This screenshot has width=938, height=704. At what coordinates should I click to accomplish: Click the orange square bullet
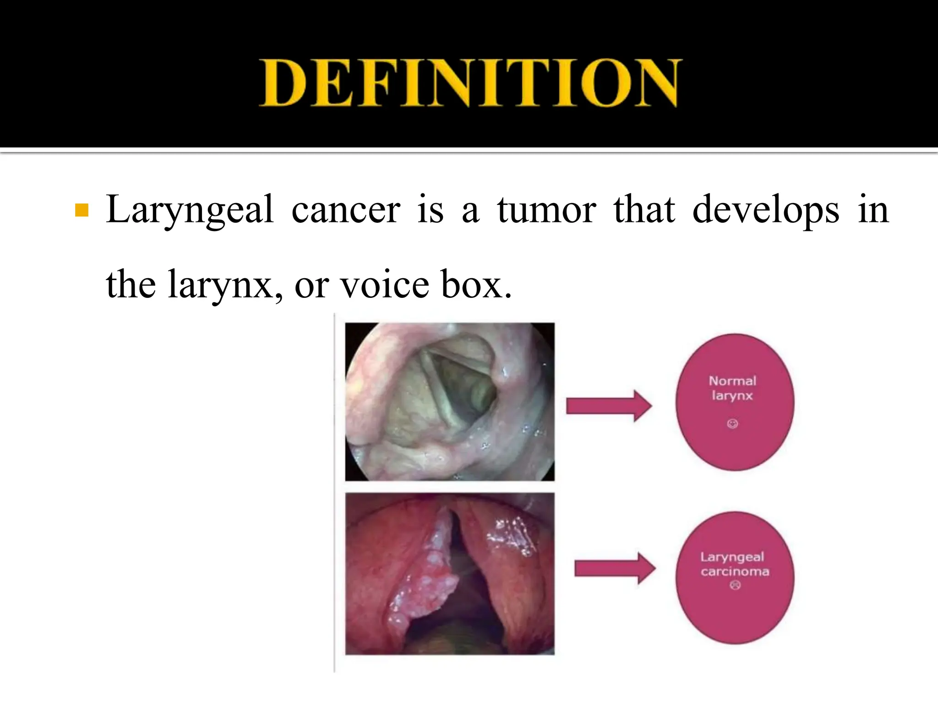tap(82, 210)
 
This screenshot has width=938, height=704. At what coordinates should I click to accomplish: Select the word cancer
tap(346, 211)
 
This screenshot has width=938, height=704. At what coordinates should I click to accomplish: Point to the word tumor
tap(547, 211)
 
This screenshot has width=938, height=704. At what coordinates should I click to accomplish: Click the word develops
tap(766, 211)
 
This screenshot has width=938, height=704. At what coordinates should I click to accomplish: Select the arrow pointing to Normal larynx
tap(609, 406)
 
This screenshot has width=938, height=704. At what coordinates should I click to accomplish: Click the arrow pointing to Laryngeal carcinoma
tap(615, 568)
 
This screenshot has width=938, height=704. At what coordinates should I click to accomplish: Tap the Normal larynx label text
tap(732, 388)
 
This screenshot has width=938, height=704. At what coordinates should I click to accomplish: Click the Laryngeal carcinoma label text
tap(734, 564)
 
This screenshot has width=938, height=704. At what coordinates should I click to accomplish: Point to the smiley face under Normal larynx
tap(732, 423)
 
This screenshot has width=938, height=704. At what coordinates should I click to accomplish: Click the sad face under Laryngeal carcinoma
tap(735, 585)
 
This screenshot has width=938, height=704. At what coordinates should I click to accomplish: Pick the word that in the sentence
tap(644, 211)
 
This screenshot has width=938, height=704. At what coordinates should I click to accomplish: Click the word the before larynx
tap(131, 285)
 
